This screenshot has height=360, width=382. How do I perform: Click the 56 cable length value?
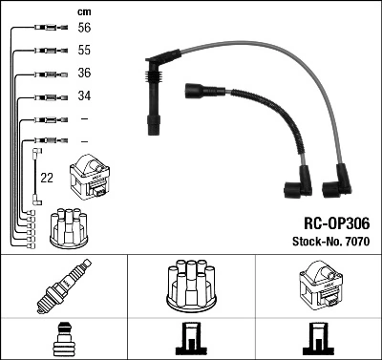(x=85, y=29)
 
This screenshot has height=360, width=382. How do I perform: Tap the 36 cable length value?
(x=85, y=73)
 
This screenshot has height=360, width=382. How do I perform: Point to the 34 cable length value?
(x=85, y=95)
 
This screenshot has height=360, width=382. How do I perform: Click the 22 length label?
(x=47, y=178)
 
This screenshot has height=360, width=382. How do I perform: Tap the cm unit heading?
(x=83, y=11)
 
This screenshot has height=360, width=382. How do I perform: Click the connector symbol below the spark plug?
(x=63, y=338)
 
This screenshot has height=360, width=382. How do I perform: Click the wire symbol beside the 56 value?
(x=44, y=29)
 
